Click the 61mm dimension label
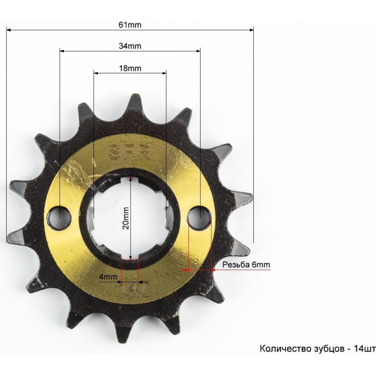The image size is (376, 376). point(130,25)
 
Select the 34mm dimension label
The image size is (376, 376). point(130,46)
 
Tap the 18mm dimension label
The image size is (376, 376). point(130,68)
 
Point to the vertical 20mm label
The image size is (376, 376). point(126,218)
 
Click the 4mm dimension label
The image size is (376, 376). point(108,277)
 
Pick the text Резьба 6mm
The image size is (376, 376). point(246,265)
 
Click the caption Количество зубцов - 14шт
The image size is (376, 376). point(318,348)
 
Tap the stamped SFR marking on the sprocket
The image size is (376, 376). point(130,152)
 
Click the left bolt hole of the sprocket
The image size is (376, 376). point(60,218)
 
